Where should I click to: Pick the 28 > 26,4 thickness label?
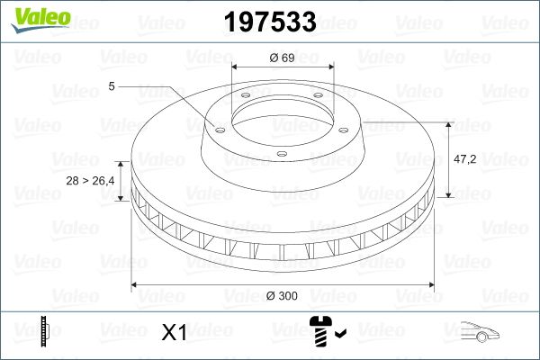91,182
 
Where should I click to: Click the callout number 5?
111,86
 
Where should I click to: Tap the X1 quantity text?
173,333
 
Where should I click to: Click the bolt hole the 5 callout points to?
216,127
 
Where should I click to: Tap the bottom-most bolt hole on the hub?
280,154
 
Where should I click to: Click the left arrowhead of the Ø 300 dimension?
136,285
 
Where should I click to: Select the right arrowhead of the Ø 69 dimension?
330,67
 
